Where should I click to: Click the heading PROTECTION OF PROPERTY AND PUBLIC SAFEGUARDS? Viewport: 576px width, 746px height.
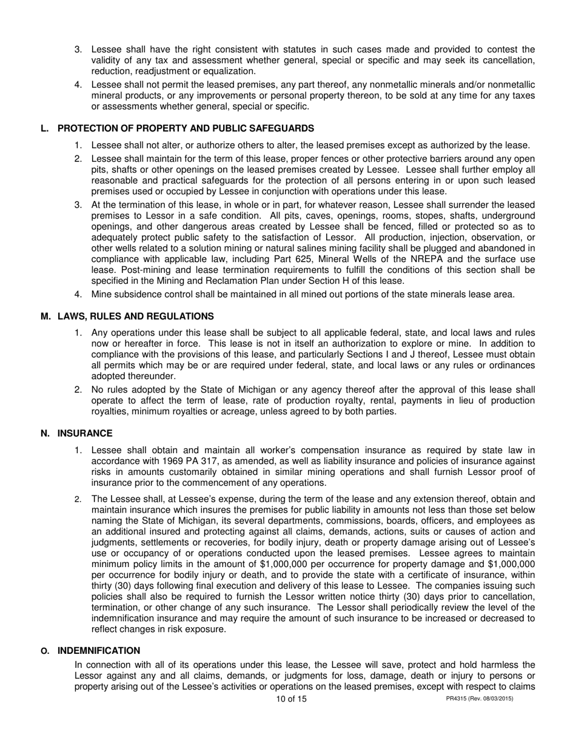coord(186,128)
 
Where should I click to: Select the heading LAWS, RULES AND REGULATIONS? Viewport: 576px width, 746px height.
coord(135,316)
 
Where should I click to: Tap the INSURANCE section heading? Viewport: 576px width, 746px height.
coord(85,433)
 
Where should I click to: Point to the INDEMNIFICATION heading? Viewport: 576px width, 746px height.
coord(99,650)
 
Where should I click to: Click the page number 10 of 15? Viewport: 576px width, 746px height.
coord(291,699)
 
